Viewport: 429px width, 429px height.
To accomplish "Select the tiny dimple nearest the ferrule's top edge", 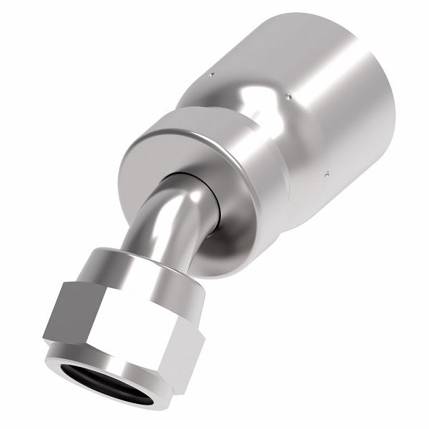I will click(213, 72).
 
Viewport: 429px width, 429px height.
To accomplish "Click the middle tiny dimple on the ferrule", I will click(288, 96).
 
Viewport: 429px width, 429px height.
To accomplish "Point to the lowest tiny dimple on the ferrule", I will click(326, 173).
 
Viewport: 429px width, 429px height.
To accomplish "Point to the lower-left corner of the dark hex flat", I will click(45, 339).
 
